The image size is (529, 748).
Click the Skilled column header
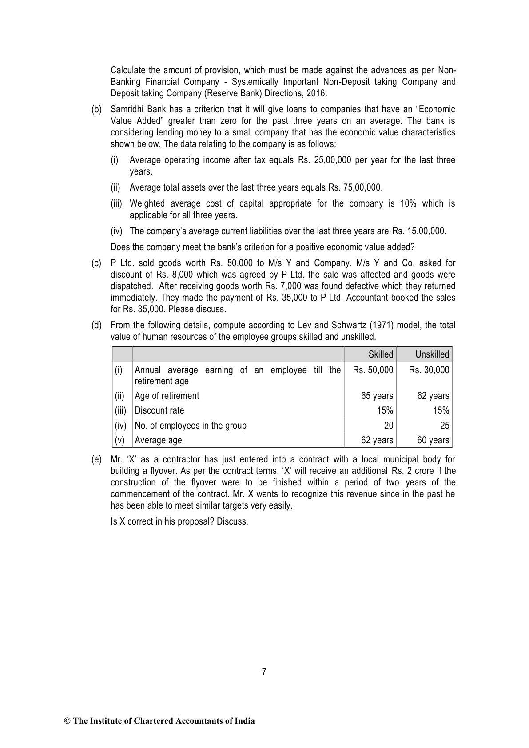click(x=381, y=354)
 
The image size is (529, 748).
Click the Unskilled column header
click(x=432, y=354)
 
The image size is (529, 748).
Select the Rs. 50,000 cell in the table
click(x=373, y=370)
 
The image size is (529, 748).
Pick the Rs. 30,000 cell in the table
click(x=429, y=370)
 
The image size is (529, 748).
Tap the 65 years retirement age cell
click(x=377, y=396)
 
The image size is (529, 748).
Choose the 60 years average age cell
click(x=433, y=440)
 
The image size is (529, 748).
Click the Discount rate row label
click(x=159, y=410)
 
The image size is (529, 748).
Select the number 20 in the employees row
click(x=389, y=426)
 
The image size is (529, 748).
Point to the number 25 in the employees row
click(x=445, y=426)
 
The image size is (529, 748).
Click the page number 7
click(x=264, y=672)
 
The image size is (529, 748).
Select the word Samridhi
click(x=127, y=109)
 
